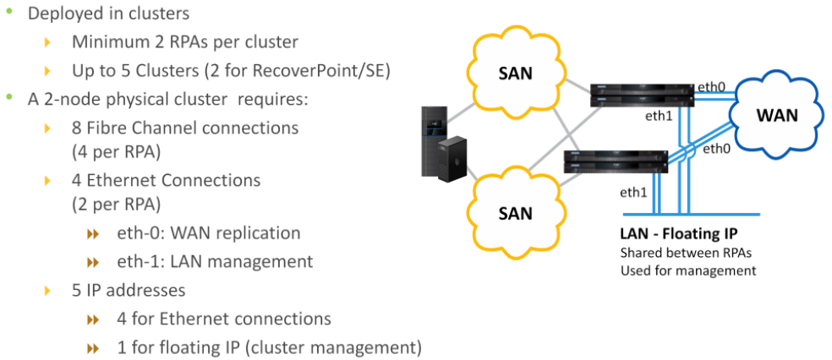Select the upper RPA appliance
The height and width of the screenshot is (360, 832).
point(641,96)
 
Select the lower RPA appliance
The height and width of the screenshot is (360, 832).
point(616,161)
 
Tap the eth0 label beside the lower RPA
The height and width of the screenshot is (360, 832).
point(716,149)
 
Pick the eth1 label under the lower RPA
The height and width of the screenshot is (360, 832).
point(633,192)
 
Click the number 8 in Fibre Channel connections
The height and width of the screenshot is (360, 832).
point(78,128)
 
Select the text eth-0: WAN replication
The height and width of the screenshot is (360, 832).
point(209,232)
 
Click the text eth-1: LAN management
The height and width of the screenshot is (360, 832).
point(215,261)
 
